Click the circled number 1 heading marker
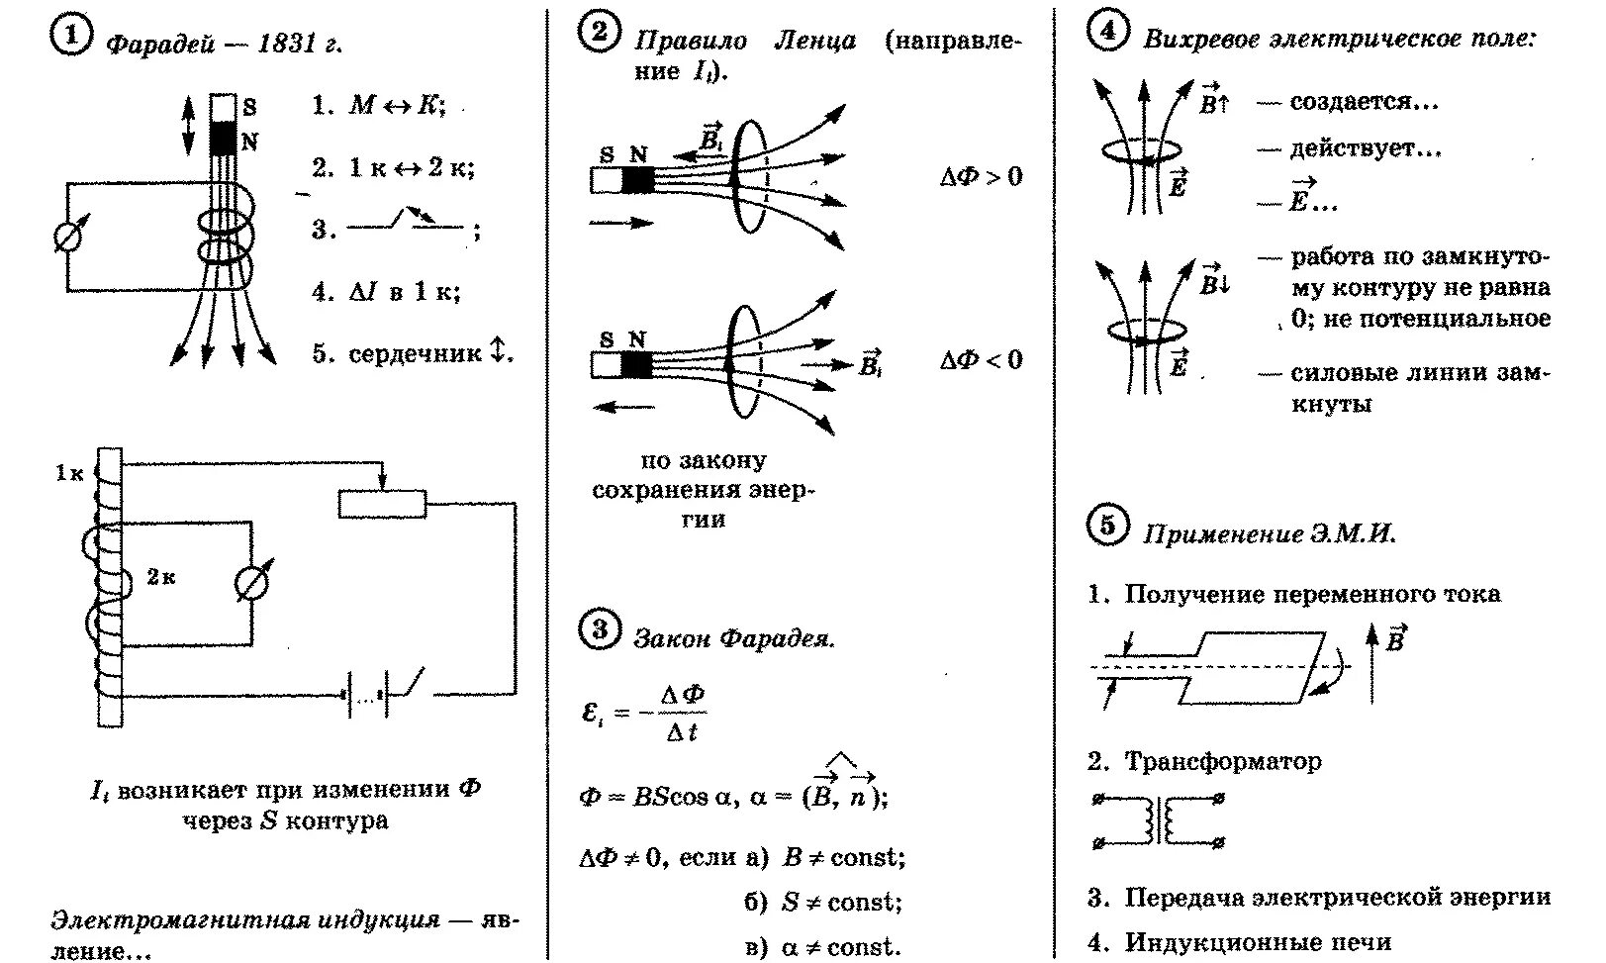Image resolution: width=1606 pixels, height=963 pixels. (69, 39)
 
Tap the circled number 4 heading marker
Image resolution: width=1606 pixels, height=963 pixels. (1106, 33)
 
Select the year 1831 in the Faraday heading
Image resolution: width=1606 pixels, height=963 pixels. (288, 45)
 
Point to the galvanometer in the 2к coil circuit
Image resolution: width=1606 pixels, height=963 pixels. (253, 584)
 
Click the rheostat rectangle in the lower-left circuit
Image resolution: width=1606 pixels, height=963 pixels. (382, 504)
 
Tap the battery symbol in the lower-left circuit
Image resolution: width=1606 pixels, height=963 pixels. (366, 695)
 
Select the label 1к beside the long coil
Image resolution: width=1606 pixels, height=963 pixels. (69, 473)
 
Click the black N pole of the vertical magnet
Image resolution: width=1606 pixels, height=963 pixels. (224, 138)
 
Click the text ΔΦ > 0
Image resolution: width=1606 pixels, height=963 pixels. (981, 177)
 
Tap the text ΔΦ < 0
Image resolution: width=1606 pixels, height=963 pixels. (981, 360)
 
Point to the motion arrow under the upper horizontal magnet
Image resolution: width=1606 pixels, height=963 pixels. (620, 223)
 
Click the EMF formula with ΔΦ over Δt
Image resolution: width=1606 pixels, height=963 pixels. (644, 713)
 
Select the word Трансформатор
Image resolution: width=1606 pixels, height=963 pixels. (1223, 762)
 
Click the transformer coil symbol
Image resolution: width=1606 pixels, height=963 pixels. (1159, 821)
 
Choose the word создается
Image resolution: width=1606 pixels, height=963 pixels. (1363, 102)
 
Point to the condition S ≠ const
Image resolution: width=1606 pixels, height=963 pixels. (841, 902)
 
